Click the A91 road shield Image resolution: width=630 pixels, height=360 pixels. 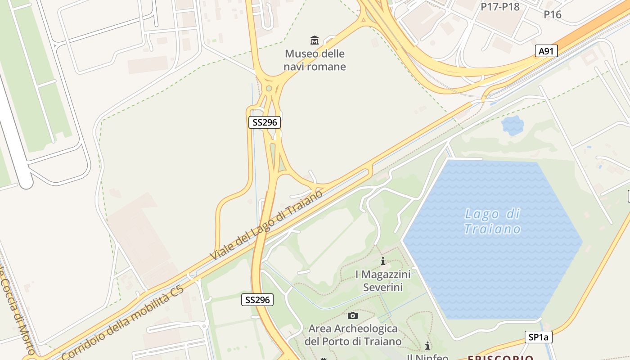pyautogui.click(x=546, y=51)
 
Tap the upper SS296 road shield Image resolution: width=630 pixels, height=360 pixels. pyautogui.click(x=265, y=122)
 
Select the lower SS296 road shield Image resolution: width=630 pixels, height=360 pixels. pyautogui.click(x=257, y=300)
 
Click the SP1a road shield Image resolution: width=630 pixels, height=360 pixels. pyautogui.click(x=538, y=337)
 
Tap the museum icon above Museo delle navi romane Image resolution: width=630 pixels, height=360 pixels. pyautogui.click(x=315, y=40)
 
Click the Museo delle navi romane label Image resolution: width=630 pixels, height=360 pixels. pyautogui.click(x=315, y=60)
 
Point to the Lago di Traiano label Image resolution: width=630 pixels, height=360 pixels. pyautogui.click(x=492, y=221)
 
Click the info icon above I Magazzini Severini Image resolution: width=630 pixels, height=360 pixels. pyautogui.click(x=383, y=261)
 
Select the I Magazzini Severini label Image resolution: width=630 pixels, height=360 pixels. pyautogui.click(x=383, y=280)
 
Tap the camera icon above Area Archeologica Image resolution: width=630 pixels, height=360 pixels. pyautogui.click(x=353, y=315)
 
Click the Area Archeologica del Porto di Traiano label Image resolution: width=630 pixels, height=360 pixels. pyautogui.click(x=353, y=335)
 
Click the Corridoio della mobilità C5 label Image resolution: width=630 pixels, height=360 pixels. pyautogui.click(x=123, y=322)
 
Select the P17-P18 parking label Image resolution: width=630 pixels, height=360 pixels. pyautogui.click(x=500, y=7)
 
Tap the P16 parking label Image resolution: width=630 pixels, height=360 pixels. pyautogui.click(x=552, y=14)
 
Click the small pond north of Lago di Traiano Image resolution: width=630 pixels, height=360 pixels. pyautogui.click(x=513, y=125)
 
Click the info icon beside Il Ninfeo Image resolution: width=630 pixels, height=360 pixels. pyautogui.click(x=427, y=346)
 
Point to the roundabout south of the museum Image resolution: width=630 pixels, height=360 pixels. pyautogui.click(x=269, y=88)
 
